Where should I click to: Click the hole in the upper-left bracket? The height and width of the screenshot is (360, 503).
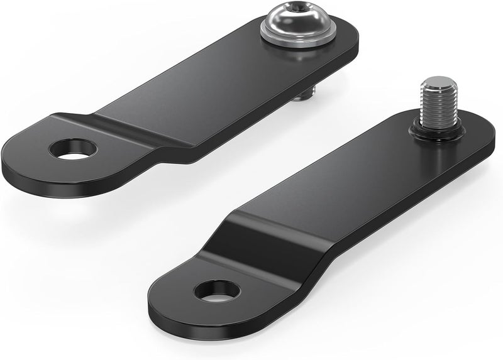[x=74, y=149]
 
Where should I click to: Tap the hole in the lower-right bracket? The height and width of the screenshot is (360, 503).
[x=217, y=290]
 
